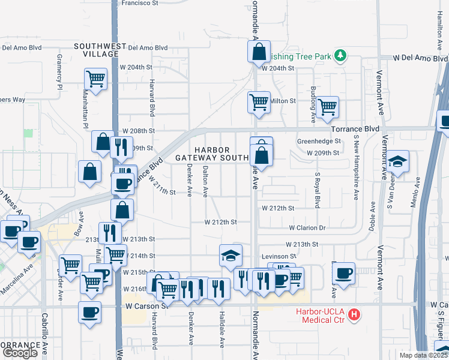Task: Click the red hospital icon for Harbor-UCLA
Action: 355,314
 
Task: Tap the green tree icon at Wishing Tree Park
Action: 340,56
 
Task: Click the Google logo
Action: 20,353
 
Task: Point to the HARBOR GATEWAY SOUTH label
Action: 212,153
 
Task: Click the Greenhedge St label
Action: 319,141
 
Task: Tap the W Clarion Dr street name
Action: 307,228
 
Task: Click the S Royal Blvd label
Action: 316,188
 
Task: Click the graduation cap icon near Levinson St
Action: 230,256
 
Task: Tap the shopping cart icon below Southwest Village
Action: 96,78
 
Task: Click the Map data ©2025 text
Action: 424,355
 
